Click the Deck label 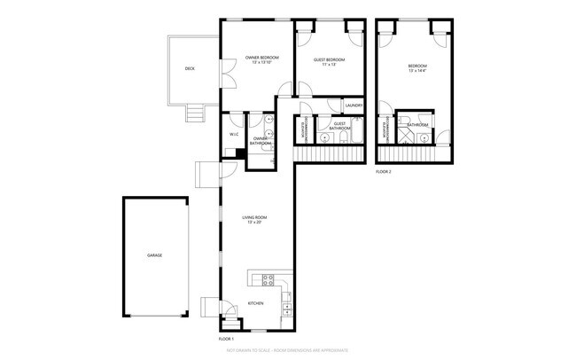point(190,68)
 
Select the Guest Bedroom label point(329,59)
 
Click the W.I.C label point(233,134)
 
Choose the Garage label point(155,255)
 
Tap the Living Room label point(254,217)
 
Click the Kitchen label point(256,304)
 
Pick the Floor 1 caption point(227,339)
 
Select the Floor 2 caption point(384,170)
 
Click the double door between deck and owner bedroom point(224,72)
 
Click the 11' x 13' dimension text point(329,65)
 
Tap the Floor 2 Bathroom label point(417,125)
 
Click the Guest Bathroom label point(339,127)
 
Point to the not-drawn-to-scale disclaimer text point(287,352)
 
